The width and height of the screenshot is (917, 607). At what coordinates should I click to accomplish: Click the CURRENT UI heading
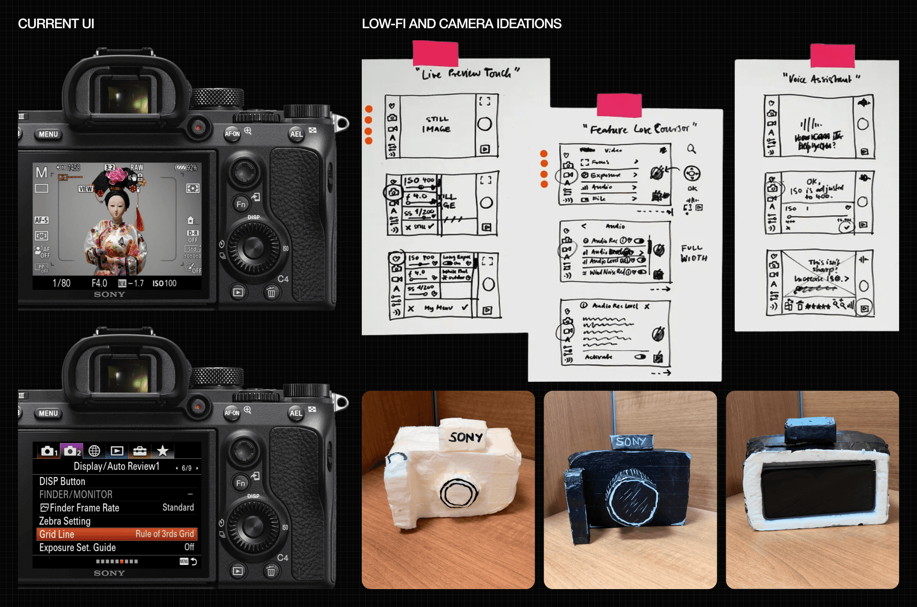[x=56, y=24]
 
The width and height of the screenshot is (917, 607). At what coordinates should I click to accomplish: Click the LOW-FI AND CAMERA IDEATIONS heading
[x=461, y=24]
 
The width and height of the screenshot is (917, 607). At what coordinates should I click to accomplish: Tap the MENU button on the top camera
[x=48, y=134]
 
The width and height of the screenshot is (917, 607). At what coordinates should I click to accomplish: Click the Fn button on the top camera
[x=241, y=205]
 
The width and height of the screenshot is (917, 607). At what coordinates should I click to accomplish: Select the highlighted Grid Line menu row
[x=116, y=534]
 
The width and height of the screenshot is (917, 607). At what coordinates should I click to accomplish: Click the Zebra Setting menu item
[x=65, y=521]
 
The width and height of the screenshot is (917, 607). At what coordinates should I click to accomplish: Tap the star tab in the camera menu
[x=163, y=451]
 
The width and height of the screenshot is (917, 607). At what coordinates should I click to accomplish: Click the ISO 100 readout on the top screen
[x=164, y=283]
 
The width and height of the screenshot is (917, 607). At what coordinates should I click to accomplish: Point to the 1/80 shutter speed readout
[x=61, y=283]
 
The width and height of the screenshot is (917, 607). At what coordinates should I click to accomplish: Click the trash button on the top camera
[x=271, y=293]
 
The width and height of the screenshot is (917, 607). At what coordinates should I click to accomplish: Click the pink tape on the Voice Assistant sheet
[x=832, y=56]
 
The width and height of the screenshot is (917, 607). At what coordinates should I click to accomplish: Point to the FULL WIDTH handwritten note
[x=694, y=253]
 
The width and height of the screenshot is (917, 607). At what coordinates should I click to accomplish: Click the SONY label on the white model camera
[x=466, y=437]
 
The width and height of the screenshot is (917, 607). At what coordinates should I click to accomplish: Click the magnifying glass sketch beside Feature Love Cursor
[x=692, y=149]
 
